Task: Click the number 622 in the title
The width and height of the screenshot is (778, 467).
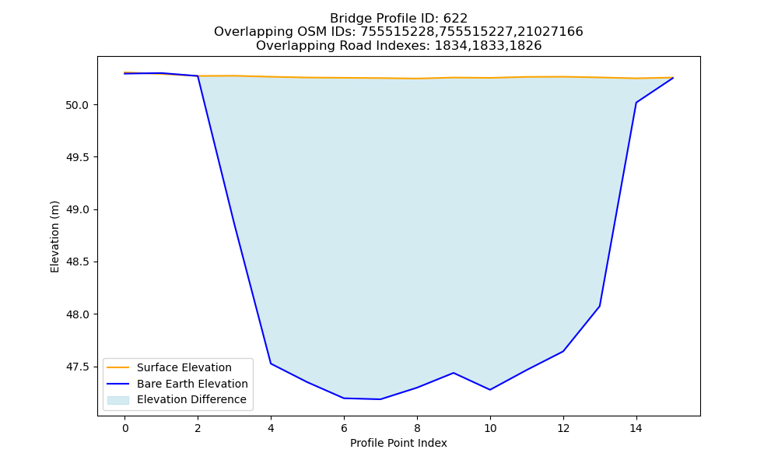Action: pos(455,19)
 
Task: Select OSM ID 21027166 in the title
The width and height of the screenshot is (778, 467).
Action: pos(550,32)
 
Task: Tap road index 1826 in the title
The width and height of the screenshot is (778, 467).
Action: pos(527,46)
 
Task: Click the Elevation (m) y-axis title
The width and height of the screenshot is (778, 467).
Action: pos(54,237)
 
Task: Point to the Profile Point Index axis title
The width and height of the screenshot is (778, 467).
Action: pos(398,443)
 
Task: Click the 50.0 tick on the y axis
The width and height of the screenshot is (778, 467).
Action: pos(77,105)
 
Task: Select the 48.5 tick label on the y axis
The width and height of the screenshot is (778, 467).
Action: pos(77,262)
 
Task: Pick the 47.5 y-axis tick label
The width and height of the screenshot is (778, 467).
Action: pos(77,367)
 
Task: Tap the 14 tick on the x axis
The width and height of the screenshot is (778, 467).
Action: pos(636,428)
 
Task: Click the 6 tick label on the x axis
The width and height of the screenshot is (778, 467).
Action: pos(344,428)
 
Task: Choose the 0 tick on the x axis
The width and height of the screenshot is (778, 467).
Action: pos(125,428)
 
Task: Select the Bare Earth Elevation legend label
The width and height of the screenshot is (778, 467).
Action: pos(192,384)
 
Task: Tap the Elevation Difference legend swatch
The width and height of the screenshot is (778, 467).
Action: pos(118,399)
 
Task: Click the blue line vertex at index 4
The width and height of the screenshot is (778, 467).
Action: pos(271,363)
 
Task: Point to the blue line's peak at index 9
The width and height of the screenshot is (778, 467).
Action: pos(454,373)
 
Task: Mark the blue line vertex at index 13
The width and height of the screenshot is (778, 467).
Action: pos(599,306)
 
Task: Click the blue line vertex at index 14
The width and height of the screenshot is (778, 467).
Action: pos(636,103)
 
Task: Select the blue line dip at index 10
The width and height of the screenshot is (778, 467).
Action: pos(489,390)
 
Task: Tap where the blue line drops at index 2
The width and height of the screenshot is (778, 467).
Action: pos(198,76)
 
